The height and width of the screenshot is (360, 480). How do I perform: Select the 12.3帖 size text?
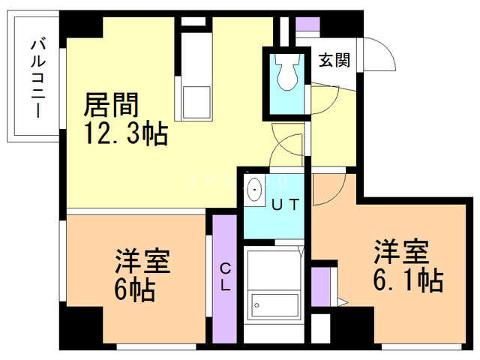click(125, 135)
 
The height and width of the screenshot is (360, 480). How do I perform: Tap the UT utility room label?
click(286, 202)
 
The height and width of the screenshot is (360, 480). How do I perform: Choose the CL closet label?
click(226, 277)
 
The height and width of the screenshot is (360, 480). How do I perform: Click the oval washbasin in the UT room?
click(255, 190)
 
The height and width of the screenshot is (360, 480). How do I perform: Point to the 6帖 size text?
click(134, 287)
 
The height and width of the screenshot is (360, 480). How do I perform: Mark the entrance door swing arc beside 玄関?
click(379, 52)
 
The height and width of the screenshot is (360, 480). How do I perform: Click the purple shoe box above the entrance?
click(307, 21)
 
